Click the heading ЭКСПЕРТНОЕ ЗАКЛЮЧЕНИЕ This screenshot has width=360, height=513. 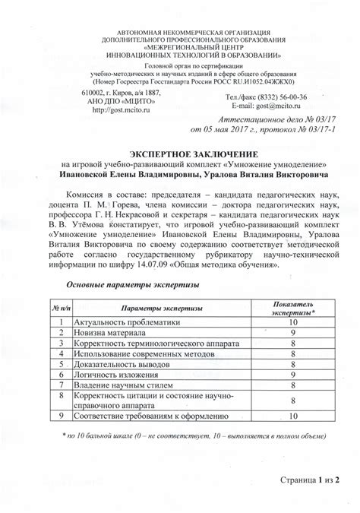[x=179, y=153]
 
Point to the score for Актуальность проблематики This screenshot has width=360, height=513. [x=291, y=323]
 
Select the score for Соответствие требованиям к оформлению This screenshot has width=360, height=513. [x=291, y=416]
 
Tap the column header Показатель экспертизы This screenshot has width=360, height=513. [x=291, y=307]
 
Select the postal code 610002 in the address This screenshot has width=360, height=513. [x=94, y=90]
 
